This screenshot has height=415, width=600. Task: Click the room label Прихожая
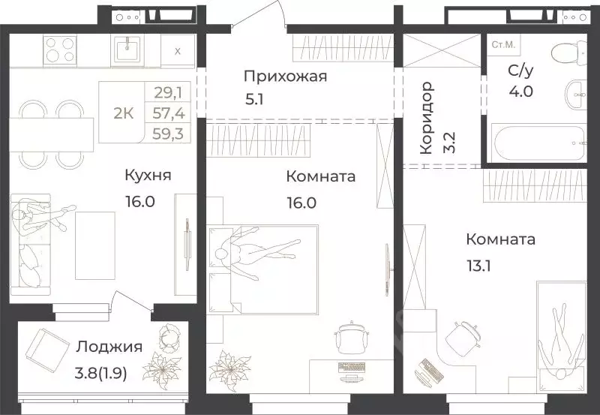click(285, 76)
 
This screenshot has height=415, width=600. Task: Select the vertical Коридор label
click(426, 117)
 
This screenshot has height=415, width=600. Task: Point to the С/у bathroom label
click(501, 72)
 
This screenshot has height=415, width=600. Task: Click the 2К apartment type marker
click(123, 113)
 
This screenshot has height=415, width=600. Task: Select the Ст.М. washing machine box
click(502, 45)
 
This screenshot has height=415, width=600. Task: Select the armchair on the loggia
click(47, 351)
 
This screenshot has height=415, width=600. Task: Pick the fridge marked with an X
click(177, 51)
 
